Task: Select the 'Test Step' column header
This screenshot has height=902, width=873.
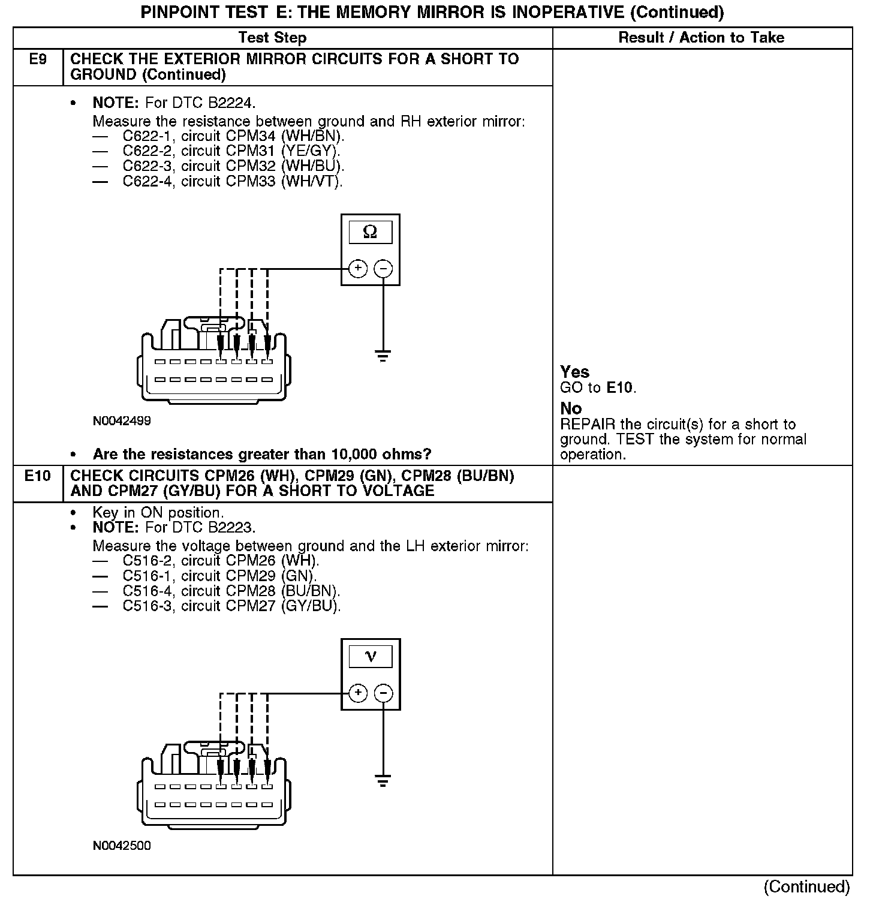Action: (x=272, y=38)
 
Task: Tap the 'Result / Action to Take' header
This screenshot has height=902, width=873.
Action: (x=701, y=38)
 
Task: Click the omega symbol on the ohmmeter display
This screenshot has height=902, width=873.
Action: (x=371, y=232)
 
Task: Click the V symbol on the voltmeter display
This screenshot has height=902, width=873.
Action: (x=371, y=657)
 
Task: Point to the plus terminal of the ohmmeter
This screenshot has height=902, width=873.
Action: (x=358, y=269)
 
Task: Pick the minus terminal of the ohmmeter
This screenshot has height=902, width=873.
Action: (x=384, y=269)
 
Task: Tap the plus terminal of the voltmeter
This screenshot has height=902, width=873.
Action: (x=358, y=693)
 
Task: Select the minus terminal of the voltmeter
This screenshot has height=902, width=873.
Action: (x=384, y=693)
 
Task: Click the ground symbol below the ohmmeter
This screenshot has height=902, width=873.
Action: (x=383, y=356)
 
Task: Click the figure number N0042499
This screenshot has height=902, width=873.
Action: (x=122, y=421)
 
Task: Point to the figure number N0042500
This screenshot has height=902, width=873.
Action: (x=122, y=846)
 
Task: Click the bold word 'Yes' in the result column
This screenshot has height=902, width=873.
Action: (x=574, y=372)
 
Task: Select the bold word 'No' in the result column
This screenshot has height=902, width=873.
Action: (x=571, y=408)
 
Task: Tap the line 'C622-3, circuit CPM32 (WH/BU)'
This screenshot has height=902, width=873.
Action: (x=233, y=166)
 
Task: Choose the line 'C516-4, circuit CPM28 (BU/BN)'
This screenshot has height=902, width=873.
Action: (x=231, y=591)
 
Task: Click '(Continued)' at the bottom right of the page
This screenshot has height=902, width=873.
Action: (x=807, y=886)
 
